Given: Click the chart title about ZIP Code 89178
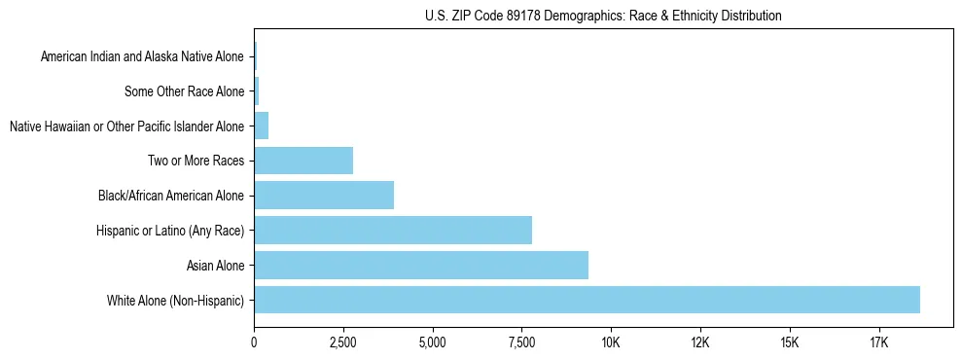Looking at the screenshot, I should coord(603,16).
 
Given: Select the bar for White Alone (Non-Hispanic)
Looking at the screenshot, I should coord(587,300).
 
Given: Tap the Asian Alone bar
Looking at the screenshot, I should coord(421,265).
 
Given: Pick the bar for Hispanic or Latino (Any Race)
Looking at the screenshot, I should coord(393,231).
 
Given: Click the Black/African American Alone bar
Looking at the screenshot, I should coord(324,196).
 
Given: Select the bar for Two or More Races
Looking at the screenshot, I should coord(303,161).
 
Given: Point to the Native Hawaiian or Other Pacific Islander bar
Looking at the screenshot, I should coord(261,126).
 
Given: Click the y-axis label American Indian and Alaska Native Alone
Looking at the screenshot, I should coord(142,56).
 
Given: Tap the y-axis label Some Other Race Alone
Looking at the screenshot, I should coord(185,91).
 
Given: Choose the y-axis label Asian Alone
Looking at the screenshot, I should coord(215,265).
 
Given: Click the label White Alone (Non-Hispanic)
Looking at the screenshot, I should coord(176,300).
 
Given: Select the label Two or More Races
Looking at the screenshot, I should coord(196,161).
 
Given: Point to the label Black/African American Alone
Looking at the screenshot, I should coord(171,196).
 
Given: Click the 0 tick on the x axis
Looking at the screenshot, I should coord(254,342).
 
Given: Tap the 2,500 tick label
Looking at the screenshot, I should coord(343,342).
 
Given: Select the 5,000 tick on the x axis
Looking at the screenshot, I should coord(432,342).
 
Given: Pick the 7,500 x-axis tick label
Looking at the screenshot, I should coord(521,342).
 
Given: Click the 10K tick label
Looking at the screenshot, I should coord(611,342).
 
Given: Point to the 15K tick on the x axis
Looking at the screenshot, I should coord(789,342).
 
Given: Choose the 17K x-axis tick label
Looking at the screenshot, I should coord(878,342).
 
